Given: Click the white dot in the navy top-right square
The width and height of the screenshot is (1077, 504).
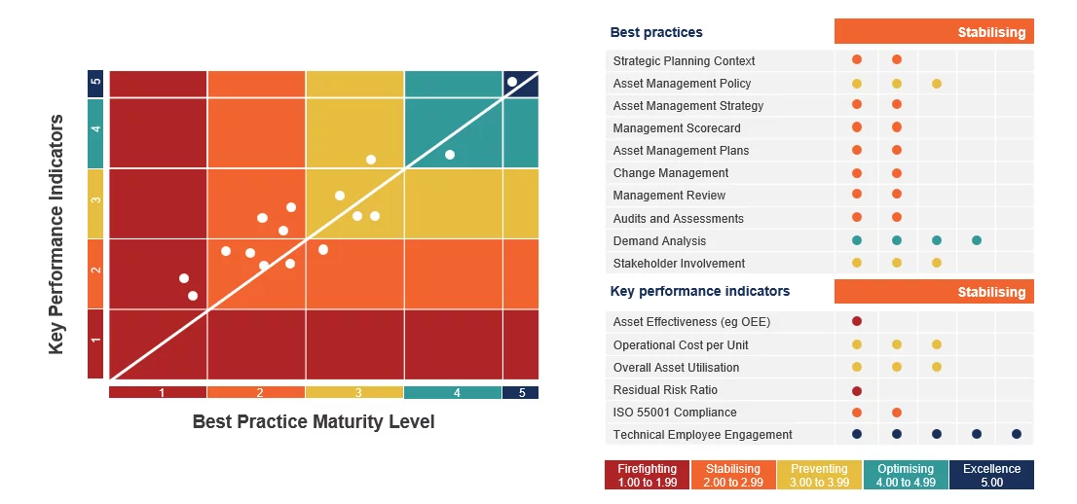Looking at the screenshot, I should (x=512, y=82).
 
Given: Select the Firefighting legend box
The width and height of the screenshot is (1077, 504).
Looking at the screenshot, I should (x=648, y=475).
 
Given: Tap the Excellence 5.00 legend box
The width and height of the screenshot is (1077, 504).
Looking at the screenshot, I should (x=991, y=475).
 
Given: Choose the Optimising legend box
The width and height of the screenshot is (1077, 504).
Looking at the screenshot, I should (x=906, y=475).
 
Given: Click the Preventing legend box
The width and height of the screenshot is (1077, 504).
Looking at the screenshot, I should (x=819, y=475).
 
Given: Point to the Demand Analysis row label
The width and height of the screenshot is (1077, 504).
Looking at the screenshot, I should (x=659, y=241).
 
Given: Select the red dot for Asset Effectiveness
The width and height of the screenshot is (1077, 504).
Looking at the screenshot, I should (x=857, y=321).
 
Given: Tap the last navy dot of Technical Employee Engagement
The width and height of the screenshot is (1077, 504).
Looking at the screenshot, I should (x=1016, y=434).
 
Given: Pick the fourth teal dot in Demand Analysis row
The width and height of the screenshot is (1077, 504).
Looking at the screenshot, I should (x=976, y=240).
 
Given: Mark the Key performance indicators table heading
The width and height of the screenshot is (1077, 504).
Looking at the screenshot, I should (x=700, y=291).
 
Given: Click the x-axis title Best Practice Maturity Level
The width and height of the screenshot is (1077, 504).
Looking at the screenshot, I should (x=314, y=421).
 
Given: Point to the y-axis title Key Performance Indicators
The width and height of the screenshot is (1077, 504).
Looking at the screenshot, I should (x=56, y=234).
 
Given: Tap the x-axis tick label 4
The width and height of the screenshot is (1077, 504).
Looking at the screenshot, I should (x=456, y=393).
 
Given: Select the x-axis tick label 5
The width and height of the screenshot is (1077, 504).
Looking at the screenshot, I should (x=522, y=393).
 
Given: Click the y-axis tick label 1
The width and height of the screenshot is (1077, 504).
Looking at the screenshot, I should (x=95, y=340).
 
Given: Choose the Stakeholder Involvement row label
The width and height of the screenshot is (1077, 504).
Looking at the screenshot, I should (x=679, y=264).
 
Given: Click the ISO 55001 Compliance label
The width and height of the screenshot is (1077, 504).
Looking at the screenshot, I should (x=675, y=413).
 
